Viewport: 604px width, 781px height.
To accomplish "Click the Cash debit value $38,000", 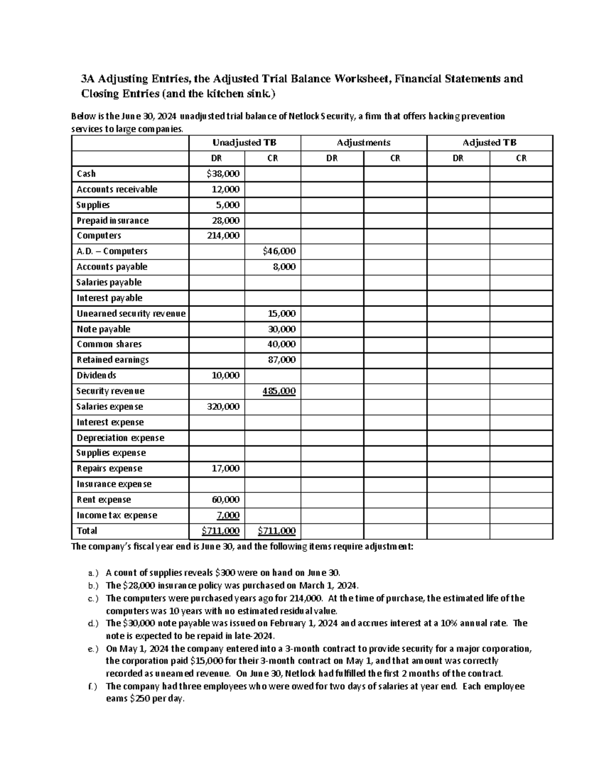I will pos(223,174).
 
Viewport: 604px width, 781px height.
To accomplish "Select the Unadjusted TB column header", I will pos(244,143).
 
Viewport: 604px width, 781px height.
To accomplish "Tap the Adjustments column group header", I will pos(363,143).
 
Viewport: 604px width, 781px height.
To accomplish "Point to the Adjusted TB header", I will pos(489,143).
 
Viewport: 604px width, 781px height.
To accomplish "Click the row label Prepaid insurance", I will pos(112,221).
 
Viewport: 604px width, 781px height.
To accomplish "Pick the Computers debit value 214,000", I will pos(223,236).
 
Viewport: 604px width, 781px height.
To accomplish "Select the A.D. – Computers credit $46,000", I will pos(279,251).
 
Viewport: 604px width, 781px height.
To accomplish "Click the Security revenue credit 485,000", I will pos(279,391).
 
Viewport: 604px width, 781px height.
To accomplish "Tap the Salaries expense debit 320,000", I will pos(223,407).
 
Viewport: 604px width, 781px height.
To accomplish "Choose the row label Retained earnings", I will pos(112,360).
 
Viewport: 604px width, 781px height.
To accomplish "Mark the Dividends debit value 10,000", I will pos(225,376).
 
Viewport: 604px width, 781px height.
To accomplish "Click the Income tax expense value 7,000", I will pos(228,515).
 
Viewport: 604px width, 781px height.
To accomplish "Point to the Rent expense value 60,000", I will pos(225,500).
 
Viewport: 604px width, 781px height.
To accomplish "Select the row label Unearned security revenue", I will pos(131,314).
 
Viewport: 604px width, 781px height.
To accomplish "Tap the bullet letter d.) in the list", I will pos(93,624).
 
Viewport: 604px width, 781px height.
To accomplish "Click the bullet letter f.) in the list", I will pos(93,687).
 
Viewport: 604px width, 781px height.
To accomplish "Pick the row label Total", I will pos(87,531).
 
